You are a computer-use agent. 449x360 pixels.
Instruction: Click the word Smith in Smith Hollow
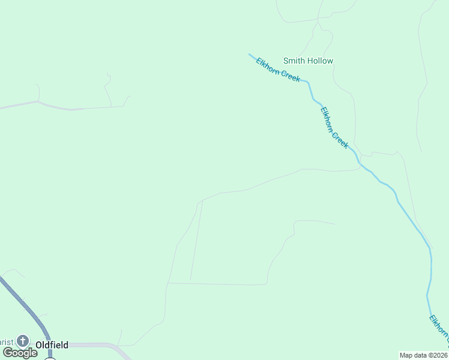pos(294,61)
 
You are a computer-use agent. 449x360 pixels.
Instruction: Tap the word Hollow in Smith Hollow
pos(320,61)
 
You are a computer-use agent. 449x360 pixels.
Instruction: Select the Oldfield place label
pos(52,345)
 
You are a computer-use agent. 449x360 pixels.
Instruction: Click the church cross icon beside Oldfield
pos(23,341)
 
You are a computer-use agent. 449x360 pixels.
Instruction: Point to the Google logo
pos(20,353)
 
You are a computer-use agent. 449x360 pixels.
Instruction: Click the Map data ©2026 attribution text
pos(423,355)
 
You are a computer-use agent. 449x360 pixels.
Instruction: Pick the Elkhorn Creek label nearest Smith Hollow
pos(278,70)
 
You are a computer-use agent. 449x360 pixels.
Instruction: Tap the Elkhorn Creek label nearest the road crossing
pos(334,128)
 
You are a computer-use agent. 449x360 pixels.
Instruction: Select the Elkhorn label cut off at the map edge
pos(439,331)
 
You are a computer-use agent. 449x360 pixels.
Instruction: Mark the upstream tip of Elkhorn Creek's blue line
pos(250,54)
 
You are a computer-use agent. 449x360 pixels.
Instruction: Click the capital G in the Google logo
pos(8,352)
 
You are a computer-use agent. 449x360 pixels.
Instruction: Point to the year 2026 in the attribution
pos(439,355)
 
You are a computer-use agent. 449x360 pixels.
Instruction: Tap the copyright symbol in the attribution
pos(429,355)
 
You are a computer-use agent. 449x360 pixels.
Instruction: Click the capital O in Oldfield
pos(39,345)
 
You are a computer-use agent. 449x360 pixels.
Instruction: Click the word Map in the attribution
pos(406,355)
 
